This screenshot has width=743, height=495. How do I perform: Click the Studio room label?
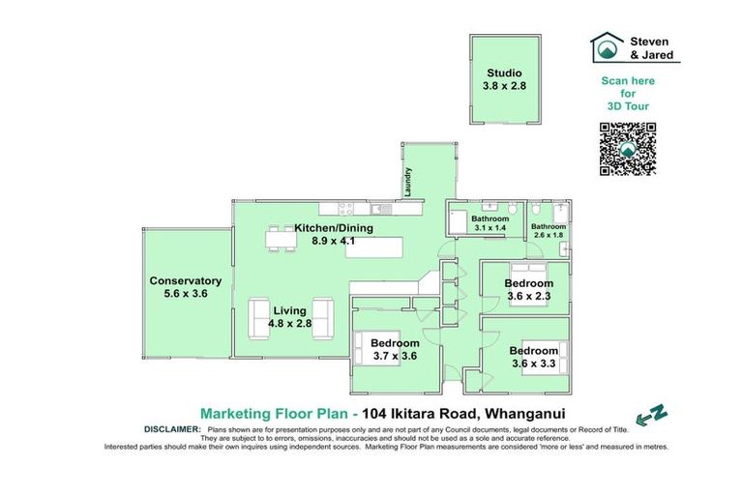click(x=503, y=73)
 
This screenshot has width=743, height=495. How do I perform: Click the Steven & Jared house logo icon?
click(x=609, y=46)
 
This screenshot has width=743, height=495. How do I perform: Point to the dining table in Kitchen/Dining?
click(x=281, y=237)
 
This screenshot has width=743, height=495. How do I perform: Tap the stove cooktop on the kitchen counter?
click(x=345, y=210)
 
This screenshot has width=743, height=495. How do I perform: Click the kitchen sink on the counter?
click(x=384, y=210)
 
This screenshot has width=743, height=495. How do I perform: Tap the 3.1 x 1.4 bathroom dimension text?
click(x=490, y=228)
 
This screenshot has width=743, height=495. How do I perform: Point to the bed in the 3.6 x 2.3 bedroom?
click(x=529, y=271)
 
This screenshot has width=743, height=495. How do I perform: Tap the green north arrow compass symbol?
click(x=655, y=414)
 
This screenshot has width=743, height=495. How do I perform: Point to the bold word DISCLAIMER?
click(x=171, y=427)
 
